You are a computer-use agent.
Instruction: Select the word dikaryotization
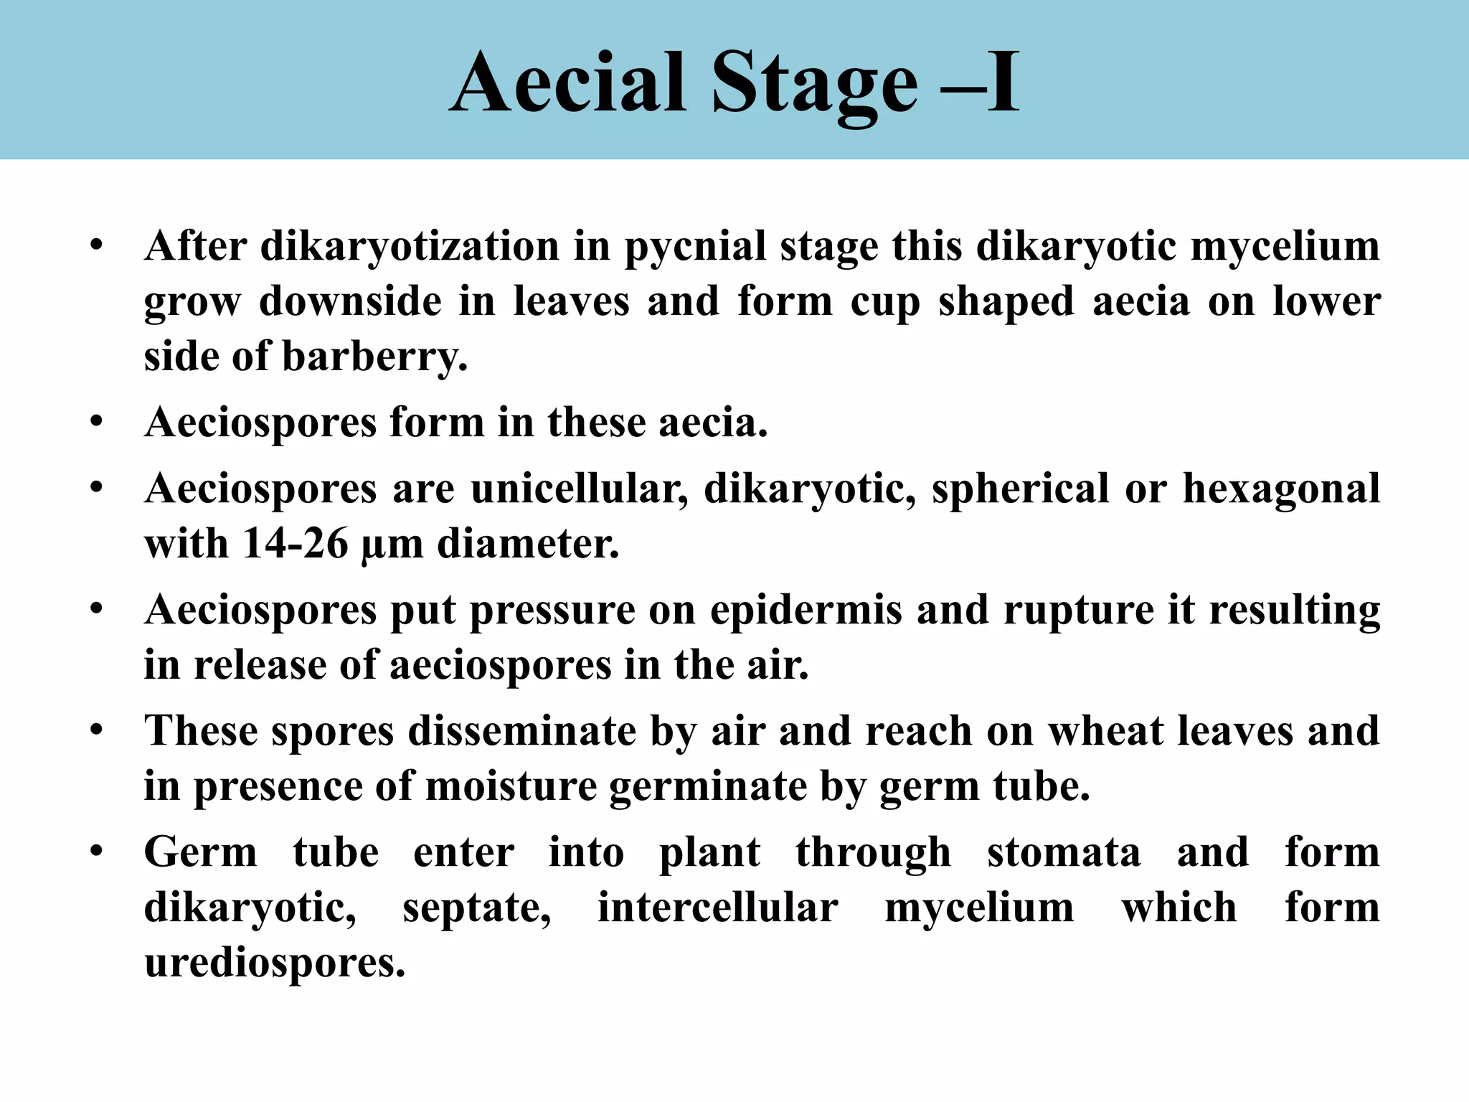tap(410, 247)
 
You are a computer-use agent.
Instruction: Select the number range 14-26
tap(296, 543)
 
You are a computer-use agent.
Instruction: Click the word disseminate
tap(522, 732)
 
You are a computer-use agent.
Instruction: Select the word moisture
tap(511, 787)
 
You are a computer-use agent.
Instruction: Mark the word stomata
tap(1064, 853)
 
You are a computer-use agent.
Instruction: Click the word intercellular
tap(718, 908)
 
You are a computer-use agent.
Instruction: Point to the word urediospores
tap(275, 963)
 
